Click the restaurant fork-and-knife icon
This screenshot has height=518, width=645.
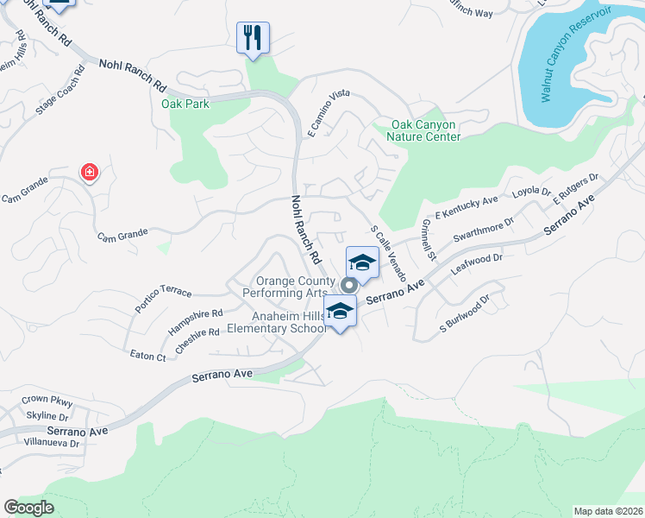[253, 37]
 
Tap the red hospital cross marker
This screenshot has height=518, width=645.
[89, 174]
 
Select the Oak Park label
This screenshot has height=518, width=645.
[185, 104]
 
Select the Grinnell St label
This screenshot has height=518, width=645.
[429, 239]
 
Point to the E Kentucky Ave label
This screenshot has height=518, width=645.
[467, 207]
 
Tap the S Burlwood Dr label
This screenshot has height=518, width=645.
[464, 313]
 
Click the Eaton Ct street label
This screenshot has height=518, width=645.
[147, 356]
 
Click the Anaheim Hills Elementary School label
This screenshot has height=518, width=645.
[276, 322]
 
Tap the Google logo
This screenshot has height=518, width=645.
[29, 507]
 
